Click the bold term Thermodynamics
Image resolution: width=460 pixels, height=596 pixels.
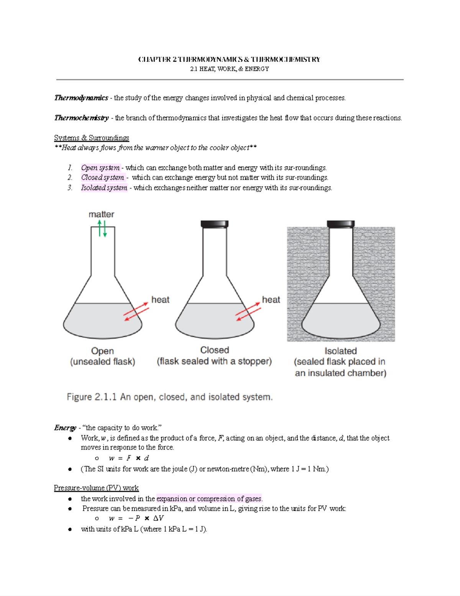click(x=81, y=98)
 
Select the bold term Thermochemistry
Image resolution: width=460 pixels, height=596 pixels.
click(x=81, y=118)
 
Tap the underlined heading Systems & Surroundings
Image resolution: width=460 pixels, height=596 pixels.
click(x=92, y=138)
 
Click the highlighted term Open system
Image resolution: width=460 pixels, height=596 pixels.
click(x=100, y=168)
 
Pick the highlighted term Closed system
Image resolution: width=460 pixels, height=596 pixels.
click(x=102, y=178)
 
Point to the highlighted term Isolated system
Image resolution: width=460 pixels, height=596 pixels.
click(x=104, y=188)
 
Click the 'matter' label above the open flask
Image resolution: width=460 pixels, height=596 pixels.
click(x=101, y=215)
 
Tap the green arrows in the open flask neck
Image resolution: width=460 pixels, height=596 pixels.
click(x=102, y=229)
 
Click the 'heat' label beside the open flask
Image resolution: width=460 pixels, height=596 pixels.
click(x=160, y=300)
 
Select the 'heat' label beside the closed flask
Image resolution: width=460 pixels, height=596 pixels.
click(x=271, y=300)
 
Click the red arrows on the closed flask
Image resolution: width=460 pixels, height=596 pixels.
click(x=248, y=312)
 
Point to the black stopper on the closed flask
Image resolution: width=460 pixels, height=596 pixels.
click(x=214, y=224)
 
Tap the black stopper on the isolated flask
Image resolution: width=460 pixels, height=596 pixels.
click(x=340, y=224)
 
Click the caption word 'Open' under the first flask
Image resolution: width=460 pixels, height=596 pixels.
click(x=102, y=351)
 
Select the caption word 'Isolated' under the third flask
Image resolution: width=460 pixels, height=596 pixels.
click(x=340, y=351)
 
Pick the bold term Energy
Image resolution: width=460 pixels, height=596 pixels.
click(x=65, y=428)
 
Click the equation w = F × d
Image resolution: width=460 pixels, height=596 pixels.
click(x=129, y=458)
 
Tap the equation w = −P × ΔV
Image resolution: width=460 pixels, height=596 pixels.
click(x=136, y=518)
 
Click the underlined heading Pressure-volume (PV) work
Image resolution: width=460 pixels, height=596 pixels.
click(x=96, y=488)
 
